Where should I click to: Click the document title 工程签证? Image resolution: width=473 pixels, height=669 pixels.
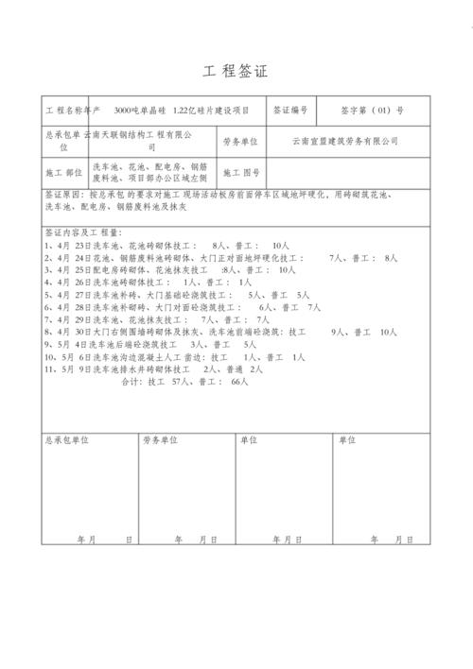tap(236, 73)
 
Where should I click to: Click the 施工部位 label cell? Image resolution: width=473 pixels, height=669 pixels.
tap(62, 174)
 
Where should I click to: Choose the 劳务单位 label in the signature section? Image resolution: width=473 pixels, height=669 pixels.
tap(161, 439)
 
